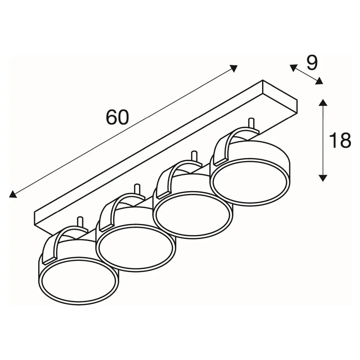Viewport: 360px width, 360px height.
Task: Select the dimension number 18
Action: pyautogui.click(x=340, y=140)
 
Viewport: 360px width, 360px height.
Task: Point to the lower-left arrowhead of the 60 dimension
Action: pyautogui.click(x=13, y=194)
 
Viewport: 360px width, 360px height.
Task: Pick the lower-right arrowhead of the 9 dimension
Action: pyautogui.click(x=319, y=81)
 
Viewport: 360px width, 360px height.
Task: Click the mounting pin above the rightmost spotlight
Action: pyautogui.click(x=251, y=124)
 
